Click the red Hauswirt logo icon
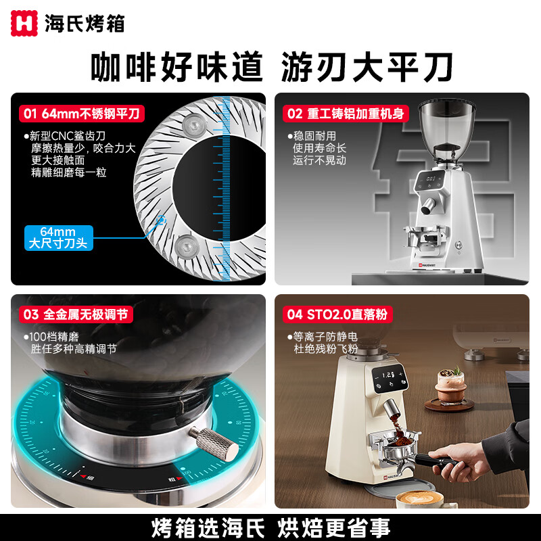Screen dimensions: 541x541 coord(24,24)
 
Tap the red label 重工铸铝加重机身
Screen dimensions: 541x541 coord(345,113)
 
